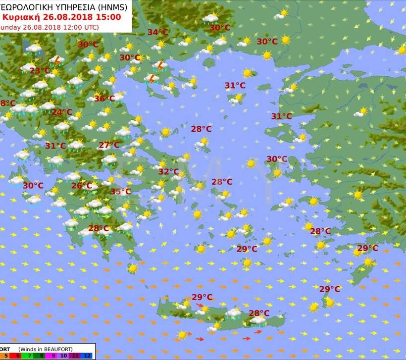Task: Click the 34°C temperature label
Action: (x=158, y=33)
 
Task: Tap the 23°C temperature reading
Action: (x=40, y=71)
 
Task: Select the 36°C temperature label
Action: (x=104, y=99)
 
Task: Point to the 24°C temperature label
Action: (x=62, y=112)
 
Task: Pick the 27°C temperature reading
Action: (x=109, y=145)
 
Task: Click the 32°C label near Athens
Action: (x=168, y=172)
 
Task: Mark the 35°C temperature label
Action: (x=120, y=192)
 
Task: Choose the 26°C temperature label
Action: (x=81, y=186)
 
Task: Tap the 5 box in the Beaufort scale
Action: (x=6, y=356)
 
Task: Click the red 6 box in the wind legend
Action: (x=18, y=356)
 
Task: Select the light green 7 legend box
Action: (x=31, y=356)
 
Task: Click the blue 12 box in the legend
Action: (x=88, y=356)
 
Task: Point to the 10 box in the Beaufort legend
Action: (x=64, y=356)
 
